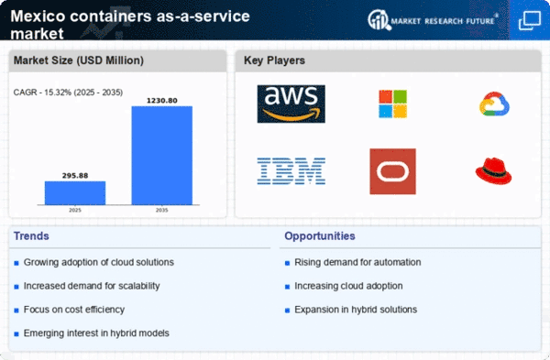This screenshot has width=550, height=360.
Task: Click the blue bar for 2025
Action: [x=75, y=192]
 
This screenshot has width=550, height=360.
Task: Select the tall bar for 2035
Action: [x=162, y=156]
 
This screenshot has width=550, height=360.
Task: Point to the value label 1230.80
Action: [x=162, y=101]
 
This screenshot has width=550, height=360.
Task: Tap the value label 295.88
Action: [x=75, y=176]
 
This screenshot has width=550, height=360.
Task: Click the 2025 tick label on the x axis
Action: [x=75, y=211]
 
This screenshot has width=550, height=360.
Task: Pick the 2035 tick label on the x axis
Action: [x=162, y=211]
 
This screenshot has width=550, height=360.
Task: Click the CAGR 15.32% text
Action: [x=68, y=93]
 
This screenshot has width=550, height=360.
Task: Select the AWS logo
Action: [x=291, y=104]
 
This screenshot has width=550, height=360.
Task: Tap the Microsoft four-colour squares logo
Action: [x=393, y=104]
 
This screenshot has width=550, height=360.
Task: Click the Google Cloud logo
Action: [x=494, y=104]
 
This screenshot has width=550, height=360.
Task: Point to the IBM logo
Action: [x=291, y=171]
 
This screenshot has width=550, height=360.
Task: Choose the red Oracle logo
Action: [x=393, y=171]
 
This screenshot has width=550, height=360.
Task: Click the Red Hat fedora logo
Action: [x=493, y=171]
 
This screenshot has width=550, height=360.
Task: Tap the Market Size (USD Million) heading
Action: [x=79, y=60]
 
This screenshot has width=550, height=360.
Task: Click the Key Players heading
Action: [x=274, y=60]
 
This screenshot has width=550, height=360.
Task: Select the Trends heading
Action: [x=31, y=236]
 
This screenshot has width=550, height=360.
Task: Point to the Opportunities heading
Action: [x=320, y=236]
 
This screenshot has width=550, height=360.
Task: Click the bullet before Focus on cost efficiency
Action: [x=16, y=311]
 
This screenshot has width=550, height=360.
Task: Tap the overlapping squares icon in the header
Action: [x=530, y=20]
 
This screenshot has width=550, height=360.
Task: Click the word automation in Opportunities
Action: [x=398, y=262]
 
